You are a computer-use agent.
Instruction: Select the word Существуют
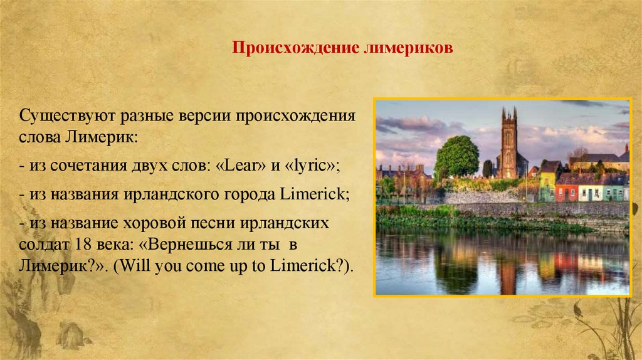point(57,117)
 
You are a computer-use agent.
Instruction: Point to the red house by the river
point(566,188)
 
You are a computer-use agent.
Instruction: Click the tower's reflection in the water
point(508,270)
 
